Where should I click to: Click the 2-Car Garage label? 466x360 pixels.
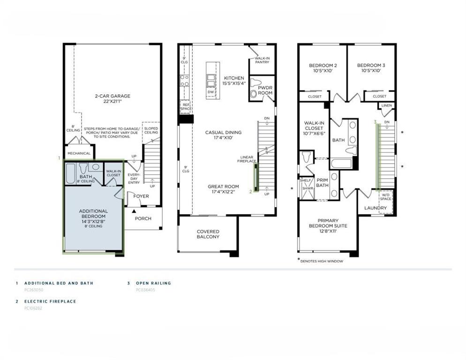tap(113, 99)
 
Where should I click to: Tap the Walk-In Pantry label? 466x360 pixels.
tap(262, 60)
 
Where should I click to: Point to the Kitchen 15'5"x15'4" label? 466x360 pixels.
tap(234, 81)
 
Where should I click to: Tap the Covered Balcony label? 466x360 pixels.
tap(208, 234)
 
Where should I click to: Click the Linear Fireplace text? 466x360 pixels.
tap(247, 160)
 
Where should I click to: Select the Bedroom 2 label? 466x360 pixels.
tap(323, 68)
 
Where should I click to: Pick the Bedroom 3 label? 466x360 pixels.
tap(371, 68)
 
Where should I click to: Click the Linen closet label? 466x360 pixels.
tap(387, 106)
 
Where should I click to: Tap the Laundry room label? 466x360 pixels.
tap(376, 208)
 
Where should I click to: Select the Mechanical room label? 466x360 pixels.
tap(79, 153)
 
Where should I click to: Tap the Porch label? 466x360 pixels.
tap(143, 218)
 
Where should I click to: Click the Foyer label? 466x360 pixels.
tap(141, 196)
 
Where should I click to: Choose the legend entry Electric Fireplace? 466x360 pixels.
tap(50, 301)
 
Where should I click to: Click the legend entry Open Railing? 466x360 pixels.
tap(153, 283)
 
